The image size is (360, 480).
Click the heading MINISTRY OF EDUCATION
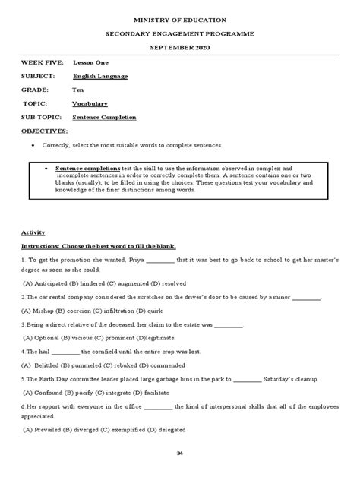(x=180, y=17)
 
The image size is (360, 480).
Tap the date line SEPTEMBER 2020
(x=180, y=47)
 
